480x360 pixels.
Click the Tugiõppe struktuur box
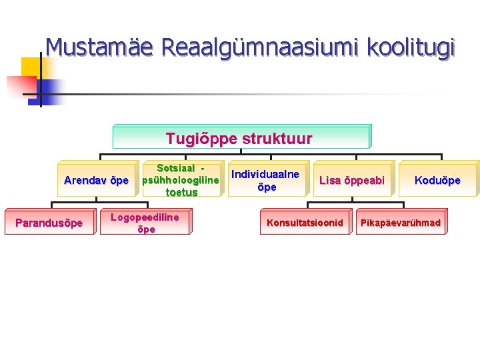click(241, 137)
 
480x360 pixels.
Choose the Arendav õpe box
click(96, 180)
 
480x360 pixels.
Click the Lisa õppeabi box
click(352, 180)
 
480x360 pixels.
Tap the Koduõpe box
click(437, 180)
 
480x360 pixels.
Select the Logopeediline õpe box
click(145, 223)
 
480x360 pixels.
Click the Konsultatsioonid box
click(305, 223)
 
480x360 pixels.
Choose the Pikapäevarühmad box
click(401, 223)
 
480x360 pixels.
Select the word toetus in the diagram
click(181, 193)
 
